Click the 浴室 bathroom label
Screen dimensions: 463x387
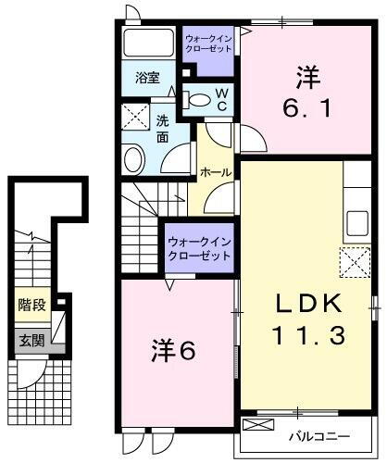click(x=147, y=80)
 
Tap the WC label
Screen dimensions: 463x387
click(x=221, y=98)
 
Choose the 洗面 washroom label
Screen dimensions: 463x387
click(x=161, y=130)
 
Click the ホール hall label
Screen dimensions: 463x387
click(x=215, y=173)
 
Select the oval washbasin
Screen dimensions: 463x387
click(x=134, y=158)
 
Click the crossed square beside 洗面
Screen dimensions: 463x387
click(x=135, y=119)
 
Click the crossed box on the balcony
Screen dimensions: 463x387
click(x=260, y=425)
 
